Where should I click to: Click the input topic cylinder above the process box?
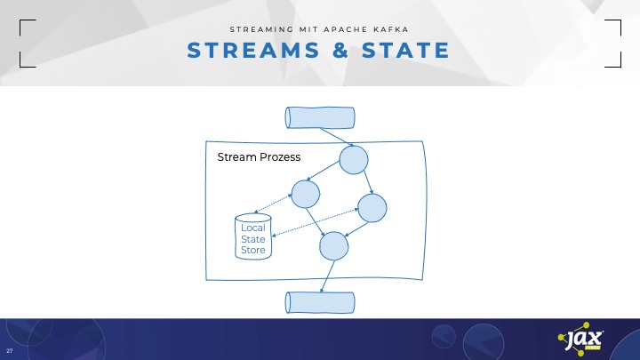320,117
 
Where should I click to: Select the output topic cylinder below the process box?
319,302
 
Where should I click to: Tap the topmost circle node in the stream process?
353,161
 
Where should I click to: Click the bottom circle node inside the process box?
333,245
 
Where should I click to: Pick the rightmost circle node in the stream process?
373,206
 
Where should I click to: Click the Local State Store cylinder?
253,237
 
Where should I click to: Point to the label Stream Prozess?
259,157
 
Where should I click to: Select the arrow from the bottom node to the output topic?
325,275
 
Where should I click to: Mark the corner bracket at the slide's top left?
26,43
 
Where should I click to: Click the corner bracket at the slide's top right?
613,43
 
